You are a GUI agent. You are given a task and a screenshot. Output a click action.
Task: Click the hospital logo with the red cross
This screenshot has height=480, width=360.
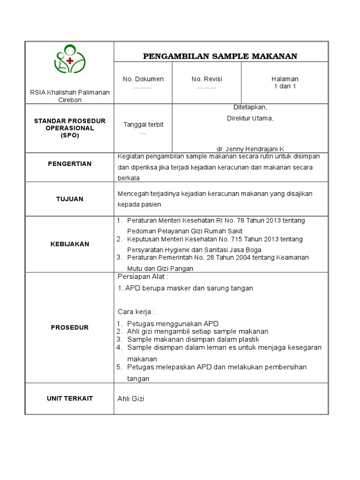(x=70, y=60)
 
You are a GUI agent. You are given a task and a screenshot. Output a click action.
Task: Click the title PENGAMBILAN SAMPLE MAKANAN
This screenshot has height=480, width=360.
(x=220, y=57)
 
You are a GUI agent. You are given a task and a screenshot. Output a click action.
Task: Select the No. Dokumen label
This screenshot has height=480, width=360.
(x=143, y=79)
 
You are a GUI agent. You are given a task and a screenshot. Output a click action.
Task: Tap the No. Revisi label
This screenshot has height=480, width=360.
(x=207, y=79)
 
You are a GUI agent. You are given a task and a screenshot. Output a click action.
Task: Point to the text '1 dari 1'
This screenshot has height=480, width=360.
(x=285, y=86)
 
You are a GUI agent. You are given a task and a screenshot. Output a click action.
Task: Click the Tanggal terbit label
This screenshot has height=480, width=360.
(x=143, y=124)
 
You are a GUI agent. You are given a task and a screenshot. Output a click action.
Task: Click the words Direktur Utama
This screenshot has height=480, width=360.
(x=247, y=118)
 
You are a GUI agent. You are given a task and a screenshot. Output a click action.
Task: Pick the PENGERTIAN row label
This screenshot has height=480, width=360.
(x=70, y=164)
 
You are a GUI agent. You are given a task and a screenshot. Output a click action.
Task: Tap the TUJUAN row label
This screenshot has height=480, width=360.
(x=70, y=199)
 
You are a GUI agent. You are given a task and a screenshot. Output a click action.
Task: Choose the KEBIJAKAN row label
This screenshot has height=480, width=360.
(x=70, y=244)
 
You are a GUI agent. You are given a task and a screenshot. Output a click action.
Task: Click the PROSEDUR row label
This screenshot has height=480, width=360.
(x=70, y=327)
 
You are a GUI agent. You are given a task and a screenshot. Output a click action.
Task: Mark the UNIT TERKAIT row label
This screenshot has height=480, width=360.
(x=70, y=398)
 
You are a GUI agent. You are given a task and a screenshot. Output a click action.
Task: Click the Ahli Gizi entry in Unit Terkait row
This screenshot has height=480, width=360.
(x=131, y=399)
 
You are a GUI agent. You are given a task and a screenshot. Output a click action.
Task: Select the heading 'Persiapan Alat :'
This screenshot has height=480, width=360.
(x=139, y=277)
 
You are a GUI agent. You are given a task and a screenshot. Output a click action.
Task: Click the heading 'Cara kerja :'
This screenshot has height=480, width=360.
(x=136, y=312)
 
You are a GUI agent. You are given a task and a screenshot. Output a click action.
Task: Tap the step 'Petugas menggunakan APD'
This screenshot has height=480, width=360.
(x=172, y=324)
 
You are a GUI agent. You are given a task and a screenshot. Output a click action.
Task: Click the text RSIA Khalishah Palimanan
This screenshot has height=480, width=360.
(x=70, y=92)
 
